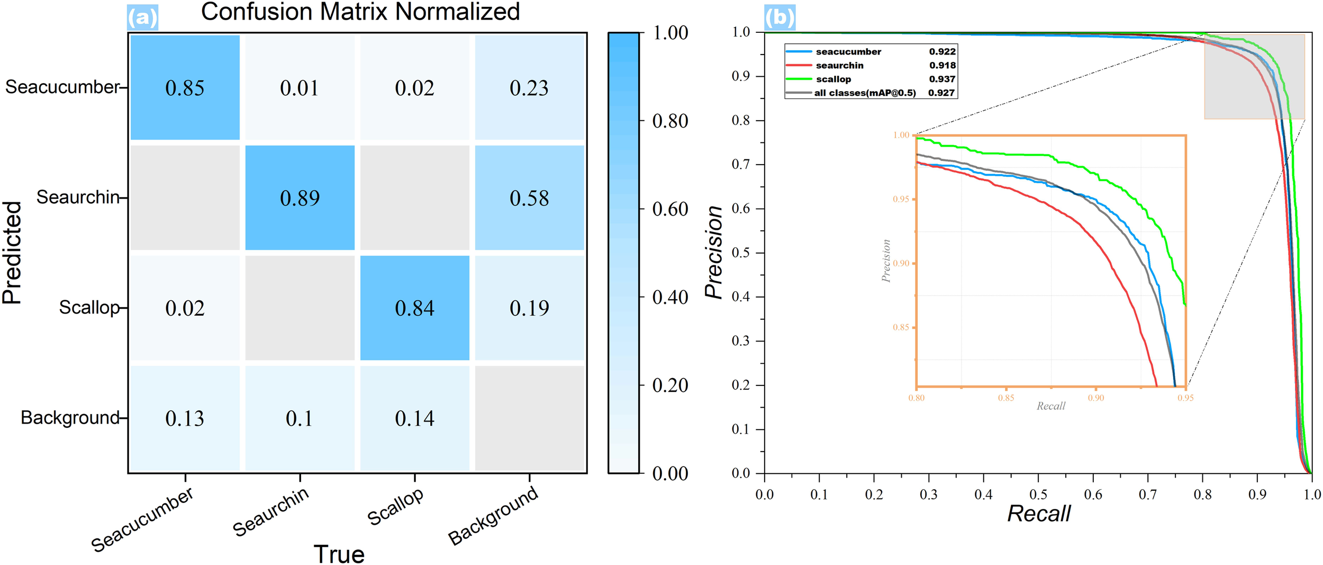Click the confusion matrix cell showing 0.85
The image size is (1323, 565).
pyautogui.click(x=185, y=88)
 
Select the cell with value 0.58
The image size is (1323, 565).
pyautogui.click(x=529, y=198)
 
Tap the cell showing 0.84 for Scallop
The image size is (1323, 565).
pyautogui.click(x=414, y=308)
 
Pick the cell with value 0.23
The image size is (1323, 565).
pyautogui.click(x=529, y=88)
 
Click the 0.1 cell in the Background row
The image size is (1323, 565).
pyautogui.click(x=300, y=418)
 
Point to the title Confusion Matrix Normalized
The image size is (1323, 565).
pyautogui.click(x=360, y=12)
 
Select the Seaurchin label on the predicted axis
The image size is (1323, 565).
pyautogui.click(x=78, y=197)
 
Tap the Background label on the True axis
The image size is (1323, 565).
pyautogui.click(x=493, y=516)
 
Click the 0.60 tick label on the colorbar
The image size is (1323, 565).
pyautogui.click(x=670, y=209)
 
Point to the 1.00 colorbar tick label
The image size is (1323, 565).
pyautogui.click(x=670, y=33)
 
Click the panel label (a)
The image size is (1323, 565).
pyautogui.click(x=142, y=17)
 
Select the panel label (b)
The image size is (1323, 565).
pyautogui.click(x=780, y=17)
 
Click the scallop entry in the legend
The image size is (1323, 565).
pyautogui.click(x=833, y=79)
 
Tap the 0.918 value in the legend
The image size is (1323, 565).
pyautogui.click(x=943, y=65)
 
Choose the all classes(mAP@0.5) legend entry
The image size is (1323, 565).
pyautogui.click(x=865, y=93)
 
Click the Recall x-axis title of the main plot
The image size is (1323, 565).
pyautogui.click(x=1038, y=513)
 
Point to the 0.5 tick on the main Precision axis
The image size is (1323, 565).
pyautogui.click(x=741, y=253)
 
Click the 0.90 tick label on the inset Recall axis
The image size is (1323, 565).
pyautogui.click(x=1096, y=398)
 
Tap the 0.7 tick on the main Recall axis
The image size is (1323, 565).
pyautogui.click(x=1148, y=495)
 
